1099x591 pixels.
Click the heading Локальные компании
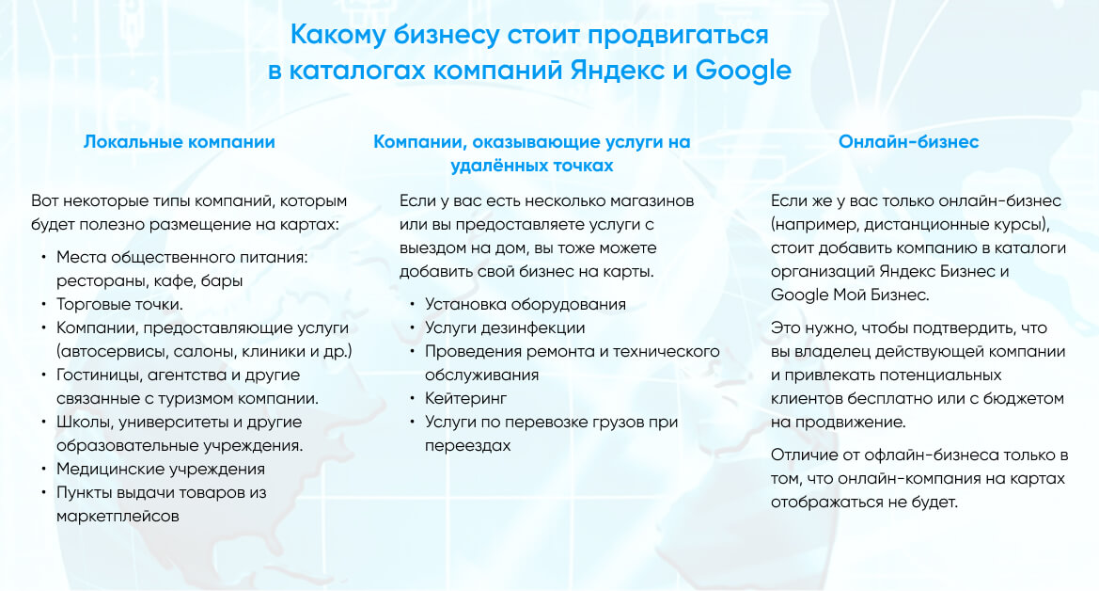[x=180, y=142]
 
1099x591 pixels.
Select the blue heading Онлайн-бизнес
[x=908, y=142]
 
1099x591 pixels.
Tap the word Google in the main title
[x=743, y=71]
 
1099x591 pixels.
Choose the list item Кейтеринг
[x=465, y=399]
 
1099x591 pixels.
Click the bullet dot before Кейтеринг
[x=413, y=399]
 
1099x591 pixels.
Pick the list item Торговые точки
[x=119, y=305]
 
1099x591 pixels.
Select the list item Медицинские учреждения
[x=161, y=469]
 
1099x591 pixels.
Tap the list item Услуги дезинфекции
[x=505, y=327]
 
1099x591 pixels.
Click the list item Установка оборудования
[x=525, y=305]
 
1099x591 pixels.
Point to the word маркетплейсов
[x=118, y=516]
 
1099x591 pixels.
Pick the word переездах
[x=467, y=446]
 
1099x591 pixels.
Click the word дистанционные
[x=914, y=225]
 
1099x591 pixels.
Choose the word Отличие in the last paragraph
[x=804, y=455]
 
